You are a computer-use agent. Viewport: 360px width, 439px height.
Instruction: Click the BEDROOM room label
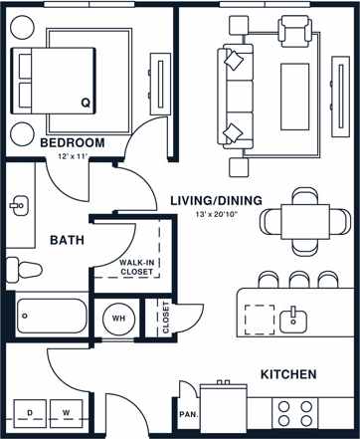tap(72, 143)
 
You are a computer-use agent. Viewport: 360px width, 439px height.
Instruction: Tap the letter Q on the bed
tap(85, 102)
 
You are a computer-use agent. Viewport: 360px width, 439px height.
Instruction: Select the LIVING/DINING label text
tap(215, 201)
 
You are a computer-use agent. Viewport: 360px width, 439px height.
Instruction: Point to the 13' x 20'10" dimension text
tap(215, 215)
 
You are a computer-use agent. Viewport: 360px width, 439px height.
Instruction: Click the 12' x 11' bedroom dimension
tap(72, 157)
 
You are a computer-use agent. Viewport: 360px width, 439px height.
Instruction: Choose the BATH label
tap(65, 240)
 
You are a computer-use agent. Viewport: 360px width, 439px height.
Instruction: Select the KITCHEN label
tap(288, 374)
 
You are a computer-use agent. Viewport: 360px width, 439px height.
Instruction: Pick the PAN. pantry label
tap(186, 414)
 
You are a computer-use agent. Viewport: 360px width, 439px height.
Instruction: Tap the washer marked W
tap(67, 411)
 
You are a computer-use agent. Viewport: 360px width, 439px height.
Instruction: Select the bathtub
tap(50, 316)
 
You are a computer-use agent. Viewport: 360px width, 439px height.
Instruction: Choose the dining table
tap(297, 216)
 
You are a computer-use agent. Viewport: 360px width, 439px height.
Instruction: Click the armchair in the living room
tap(294, 35)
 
